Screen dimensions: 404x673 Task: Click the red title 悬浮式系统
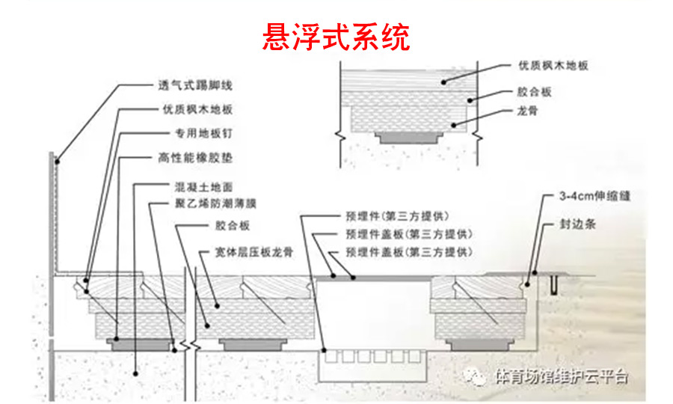pos(336,37)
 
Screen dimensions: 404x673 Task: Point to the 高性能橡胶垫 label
pos(194,159)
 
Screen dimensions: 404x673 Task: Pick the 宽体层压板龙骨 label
pos(251,253)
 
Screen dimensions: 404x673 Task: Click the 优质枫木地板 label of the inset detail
pos(554,65)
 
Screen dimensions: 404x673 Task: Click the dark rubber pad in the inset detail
pos(406,138)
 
